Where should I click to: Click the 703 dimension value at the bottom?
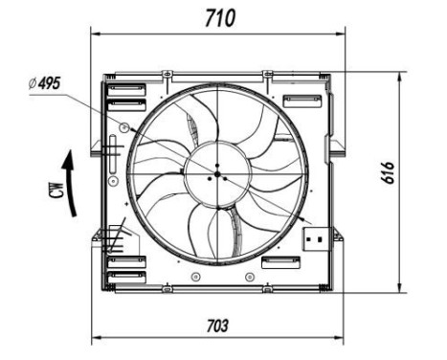pos(218,326)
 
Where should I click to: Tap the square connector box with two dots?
pos(314,236)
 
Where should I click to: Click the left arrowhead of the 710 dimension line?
pos(95,33)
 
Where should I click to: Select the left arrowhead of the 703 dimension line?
pos(96,339)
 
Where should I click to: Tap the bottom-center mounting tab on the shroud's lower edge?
pos(168,286)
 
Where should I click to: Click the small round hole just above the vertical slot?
pos(123,125)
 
